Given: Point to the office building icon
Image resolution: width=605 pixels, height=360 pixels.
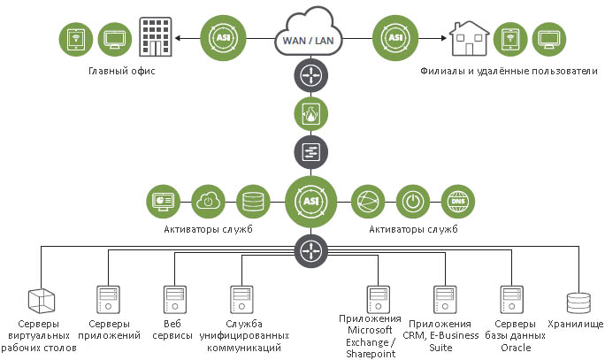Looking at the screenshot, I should click(155, 37).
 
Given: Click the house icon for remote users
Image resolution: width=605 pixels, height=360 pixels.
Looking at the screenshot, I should click(469, 39).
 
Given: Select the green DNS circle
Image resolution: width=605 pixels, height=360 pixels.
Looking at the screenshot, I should click(457, 200).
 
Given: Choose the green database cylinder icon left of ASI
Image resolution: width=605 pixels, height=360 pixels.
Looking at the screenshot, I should click(253, 200).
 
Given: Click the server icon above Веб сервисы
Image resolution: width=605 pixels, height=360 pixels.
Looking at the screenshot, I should click(173, 299).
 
